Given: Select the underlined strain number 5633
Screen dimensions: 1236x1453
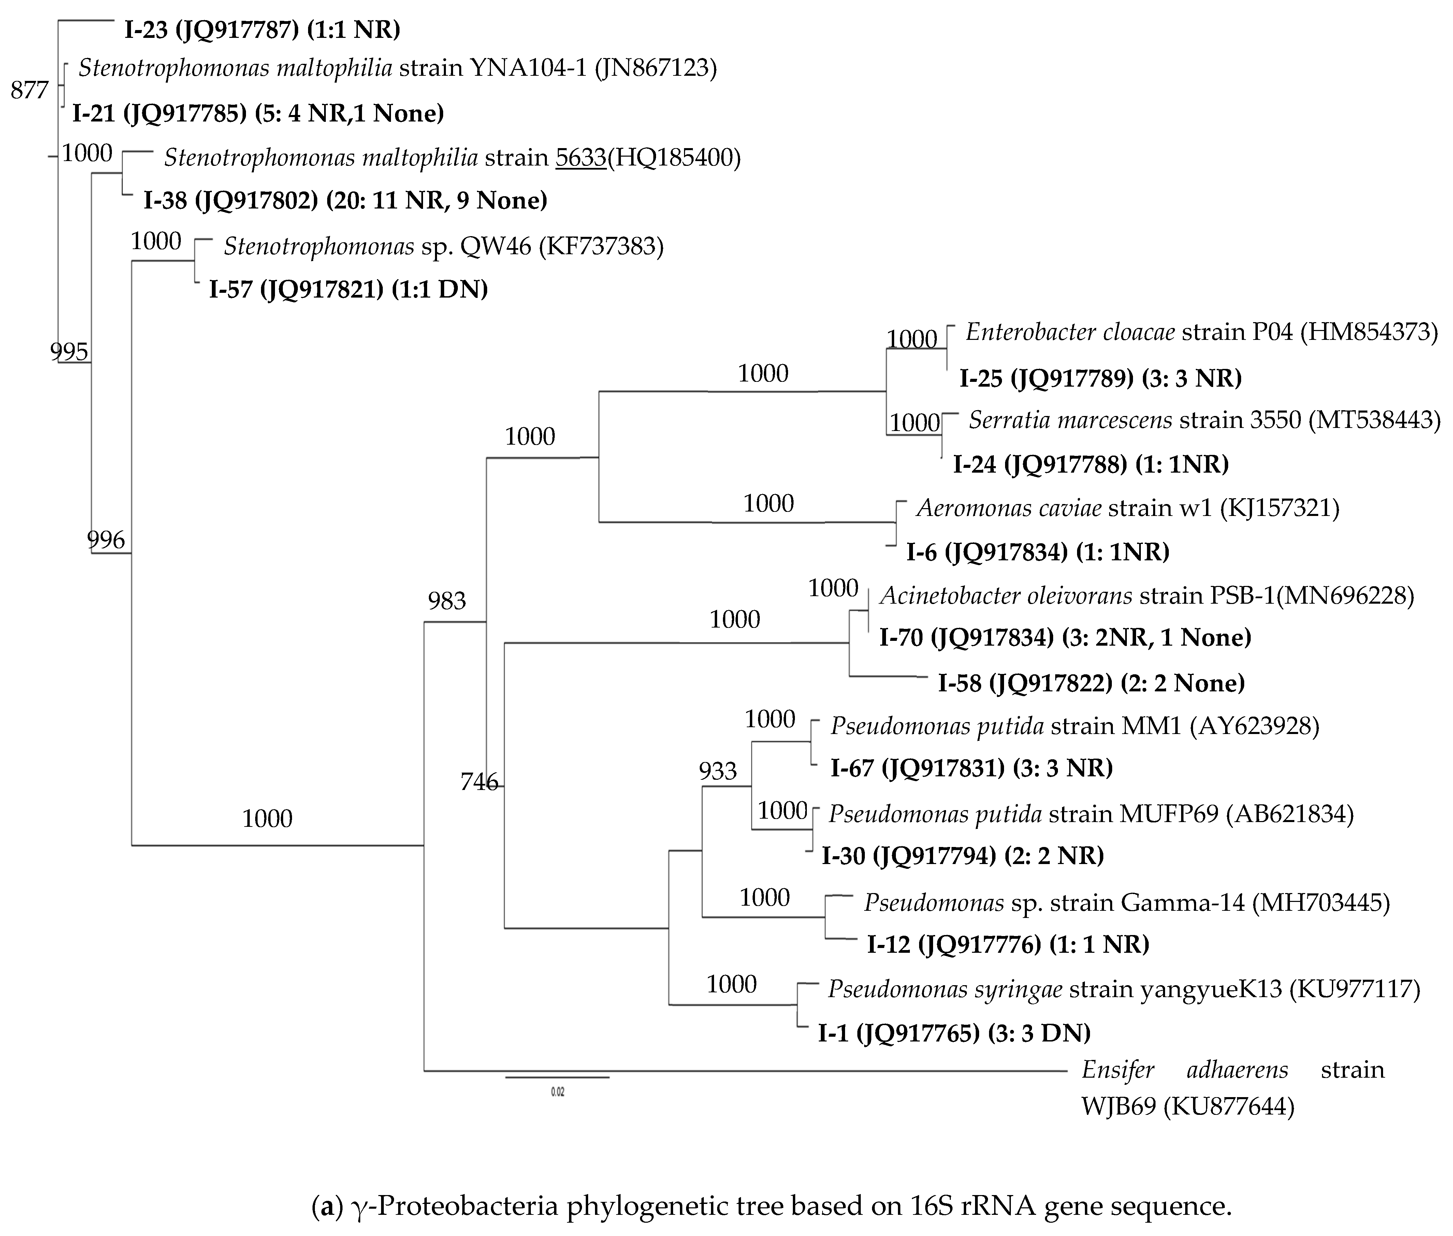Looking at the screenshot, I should (x=581, y=158).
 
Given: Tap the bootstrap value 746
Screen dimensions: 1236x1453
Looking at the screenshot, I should (x=479, y=781).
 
